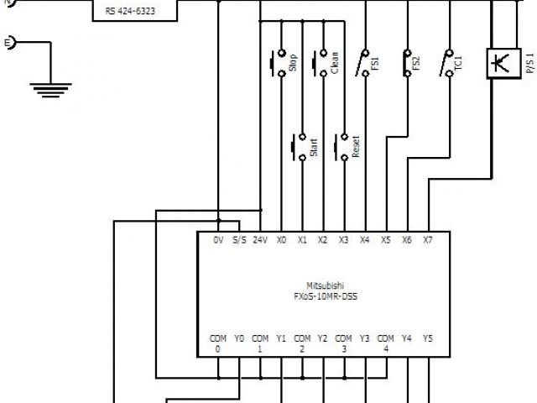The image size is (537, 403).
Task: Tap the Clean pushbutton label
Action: pos(336,63)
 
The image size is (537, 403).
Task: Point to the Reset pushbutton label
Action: pos(356,147)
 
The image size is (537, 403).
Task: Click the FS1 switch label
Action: pos(376,65)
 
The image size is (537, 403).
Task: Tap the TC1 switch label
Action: pos(459,65)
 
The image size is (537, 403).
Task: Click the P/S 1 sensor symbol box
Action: pos(501,63)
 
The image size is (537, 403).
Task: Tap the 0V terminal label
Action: pos(218,240)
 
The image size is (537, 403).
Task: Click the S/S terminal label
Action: pos(239,240)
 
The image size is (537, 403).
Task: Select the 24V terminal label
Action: pos(260,240)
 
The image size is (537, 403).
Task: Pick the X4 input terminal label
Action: pos(364,240)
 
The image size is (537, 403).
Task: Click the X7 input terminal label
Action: pos(427,240)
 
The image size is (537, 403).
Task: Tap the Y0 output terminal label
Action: pos(239,338)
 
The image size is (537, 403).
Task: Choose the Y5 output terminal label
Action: pos(427,338)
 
